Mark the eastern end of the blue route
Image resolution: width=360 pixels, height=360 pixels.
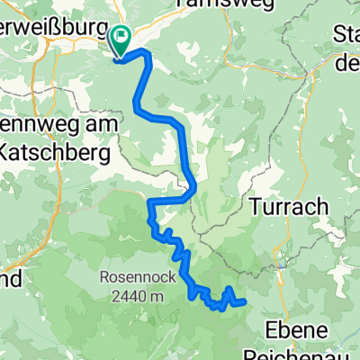point(244,301)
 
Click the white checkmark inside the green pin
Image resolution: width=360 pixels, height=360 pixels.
point(119,38)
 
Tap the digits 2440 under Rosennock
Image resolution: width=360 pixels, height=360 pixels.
point(123,294)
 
